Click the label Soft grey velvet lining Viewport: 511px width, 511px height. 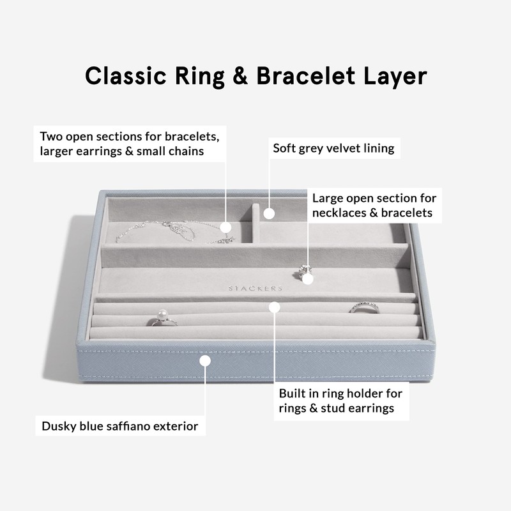click(333, 149)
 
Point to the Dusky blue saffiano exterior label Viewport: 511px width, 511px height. click(119, 425)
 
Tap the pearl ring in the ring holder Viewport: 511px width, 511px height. click(162, 318)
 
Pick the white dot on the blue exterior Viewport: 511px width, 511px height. click(205, 360)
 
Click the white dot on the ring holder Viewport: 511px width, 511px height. click(274, 307)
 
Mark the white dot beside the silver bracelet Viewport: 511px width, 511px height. click(226, 226)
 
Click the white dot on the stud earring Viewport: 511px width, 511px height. click(308, 278)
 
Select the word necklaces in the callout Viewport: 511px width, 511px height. click(339, 213)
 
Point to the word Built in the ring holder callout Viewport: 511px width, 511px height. click(293, 393)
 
